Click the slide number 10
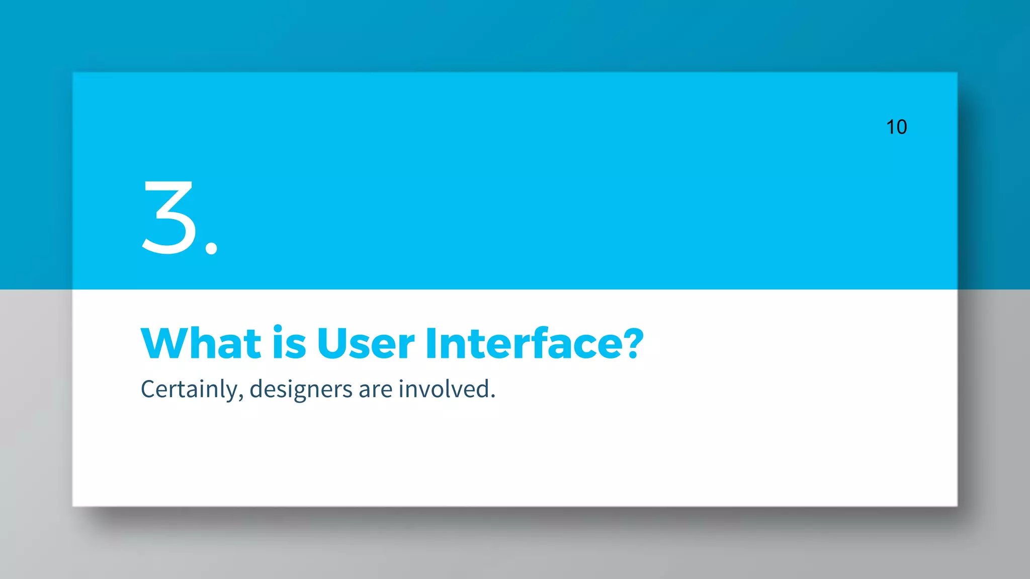896,127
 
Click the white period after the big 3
212,248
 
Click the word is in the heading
289,344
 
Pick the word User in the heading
366,344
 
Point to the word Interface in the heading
523,344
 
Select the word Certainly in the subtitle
189,390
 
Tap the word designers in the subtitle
301,390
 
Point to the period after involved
493,397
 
